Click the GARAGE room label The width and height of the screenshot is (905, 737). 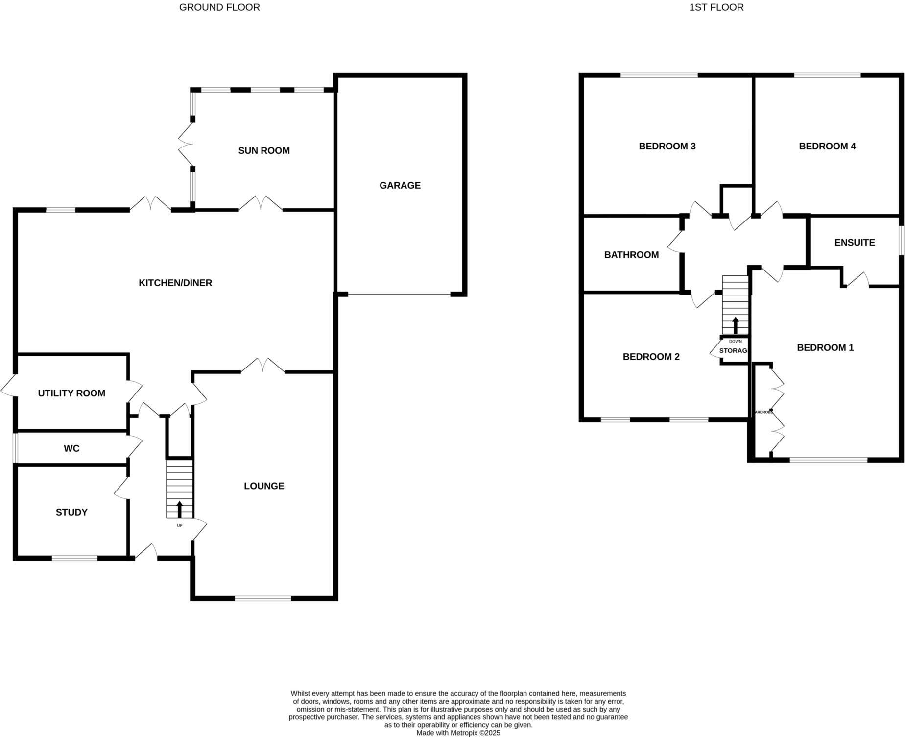tap(400, 185)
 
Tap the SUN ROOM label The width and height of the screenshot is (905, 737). tap(264, 151)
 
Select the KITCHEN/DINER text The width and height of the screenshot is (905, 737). tap(175, 283)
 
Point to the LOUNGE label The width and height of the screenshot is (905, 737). tap(264, 486)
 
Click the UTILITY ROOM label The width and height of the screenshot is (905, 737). tap(71, 393)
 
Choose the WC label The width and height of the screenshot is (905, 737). tap(71, 448)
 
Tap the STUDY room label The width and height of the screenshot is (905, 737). tap(71, 512)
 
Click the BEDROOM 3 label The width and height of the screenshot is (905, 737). tap(667, 146)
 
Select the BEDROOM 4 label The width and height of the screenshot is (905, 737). tap(827, 146)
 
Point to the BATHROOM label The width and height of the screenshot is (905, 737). tap(631, 255)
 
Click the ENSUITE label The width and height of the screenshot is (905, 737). tap(855, 243)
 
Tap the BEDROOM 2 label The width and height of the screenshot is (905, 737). tap(651, 357)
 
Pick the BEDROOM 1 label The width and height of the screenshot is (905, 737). tap(825, 348)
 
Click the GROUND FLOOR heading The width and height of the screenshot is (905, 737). tap(219, 7)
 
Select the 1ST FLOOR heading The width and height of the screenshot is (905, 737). tap(716, 7)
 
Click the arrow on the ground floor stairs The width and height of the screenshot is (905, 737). tap(179, 509)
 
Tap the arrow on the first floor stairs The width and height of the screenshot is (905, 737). tap(735, 325)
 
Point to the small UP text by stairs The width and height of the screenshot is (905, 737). tap(179, 526)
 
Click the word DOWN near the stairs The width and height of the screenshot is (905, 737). tap(735, 342)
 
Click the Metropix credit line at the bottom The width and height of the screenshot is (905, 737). tap(458, 733)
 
